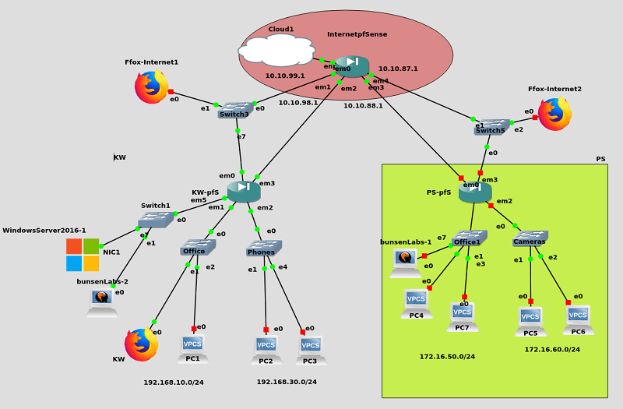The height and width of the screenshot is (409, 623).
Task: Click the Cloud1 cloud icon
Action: pyautogui.click(x=276, y=51)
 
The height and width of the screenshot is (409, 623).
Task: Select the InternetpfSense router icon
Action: pyautogui.click(x=352, y=65)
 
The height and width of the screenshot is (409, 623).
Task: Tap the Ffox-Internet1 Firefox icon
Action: pyautogui.click(x=151, y=86)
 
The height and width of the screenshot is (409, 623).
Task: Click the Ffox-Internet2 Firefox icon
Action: pyautogui.click(x=554, y=114)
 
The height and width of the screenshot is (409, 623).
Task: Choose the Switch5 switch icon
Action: pyautogui.click(x=491, y=126)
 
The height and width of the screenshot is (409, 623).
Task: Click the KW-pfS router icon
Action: pyautogui.click(x=244, y=190)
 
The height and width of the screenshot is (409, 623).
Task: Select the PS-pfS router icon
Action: pyautogui.click(x=475, y=192)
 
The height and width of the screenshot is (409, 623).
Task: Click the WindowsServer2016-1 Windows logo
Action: pyautogui.click(x=83, y=255)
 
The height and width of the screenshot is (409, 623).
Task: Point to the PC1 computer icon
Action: pyautogui.click(x=192, y=347)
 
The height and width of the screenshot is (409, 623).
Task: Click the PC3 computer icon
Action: pyautogui.click(x=311, y=348)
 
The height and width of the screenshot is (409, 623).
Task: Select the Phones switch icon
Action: pyautogui.click(x=264, y=248)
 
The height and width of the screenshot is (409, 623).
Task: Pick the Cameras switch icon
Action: pyautogui.click(x=530, y=238)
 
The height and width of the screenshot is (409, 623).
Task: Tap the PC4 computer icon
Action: pyautogui.click(x=416, y=303)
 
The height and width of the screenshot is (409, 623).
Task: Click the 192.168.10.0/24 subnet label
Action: pyautogui.click(x=174, y=383)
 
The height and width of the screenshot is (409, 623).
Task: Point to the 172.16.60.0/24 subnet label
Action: pyautogui.click(x=552, y=350)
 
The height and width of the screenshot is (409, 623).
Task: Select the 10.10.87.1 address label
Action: pyautogui.click(x=398, y=69)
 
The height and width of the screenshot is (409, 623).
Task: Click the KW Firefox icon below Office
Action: pyautogui.click(x=141, y=344)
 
